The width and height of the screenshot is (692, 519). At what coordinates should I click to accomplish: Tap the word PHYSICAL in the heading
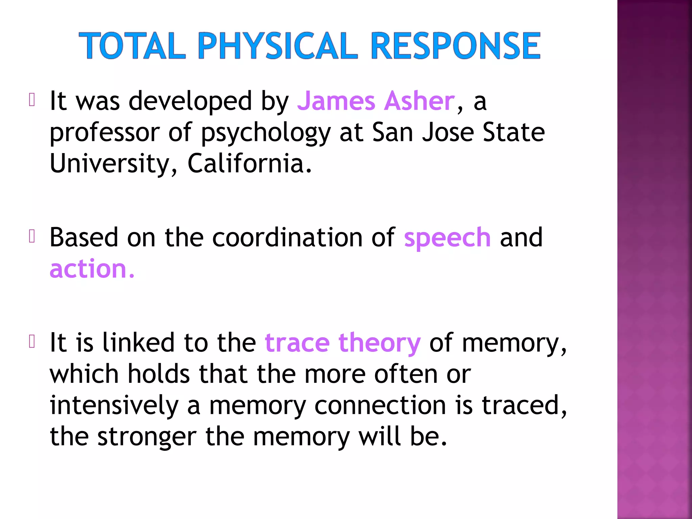277,46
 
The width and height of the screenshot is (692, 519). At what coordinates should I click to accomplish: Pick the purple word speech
447,238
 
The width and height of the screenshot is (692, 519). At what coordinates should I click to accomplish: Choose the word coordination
287,238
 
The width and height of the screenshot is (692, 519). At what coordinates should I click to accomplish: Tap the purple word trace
297,343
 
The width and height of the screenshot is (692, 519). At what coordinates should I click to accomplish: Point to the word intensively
114,405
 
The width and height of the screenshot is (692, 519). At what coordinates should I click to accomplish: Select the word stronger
147,437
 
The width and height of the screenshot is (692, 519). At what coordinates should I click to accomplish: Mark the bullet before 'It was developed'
32,100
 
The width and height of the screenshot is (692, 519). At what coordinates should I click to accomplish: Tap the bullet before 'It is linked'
32,342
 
